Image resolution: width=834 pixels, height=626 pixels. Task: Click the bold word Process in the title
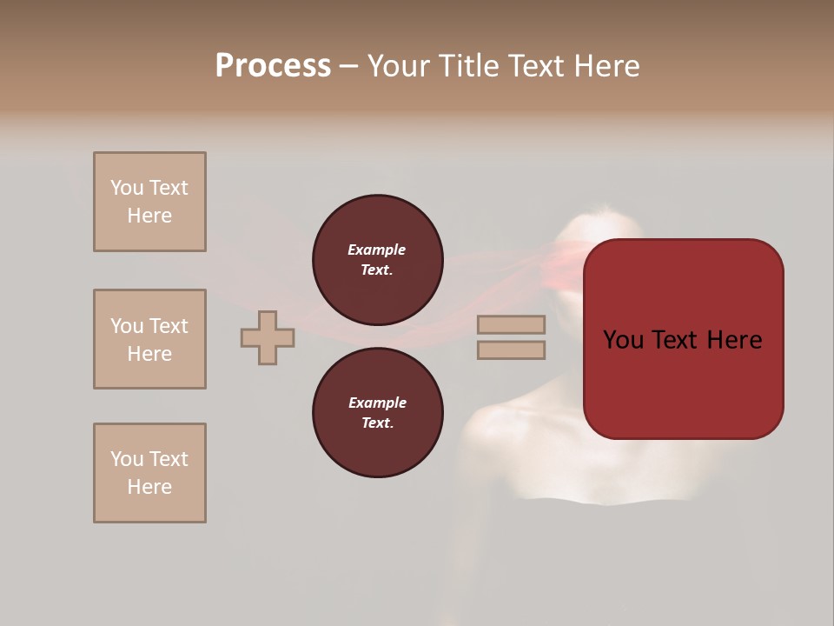(273, 66)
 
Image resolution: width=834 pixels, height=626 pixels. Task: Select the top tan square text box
(149, 202)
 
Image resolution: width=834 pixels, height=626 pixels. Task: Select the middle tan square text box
(149, 339)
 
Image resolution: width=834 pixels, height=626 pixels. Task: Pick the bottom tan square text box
(149, 473)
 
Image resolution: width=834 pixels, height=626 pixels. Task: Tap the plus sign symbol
(268, 337)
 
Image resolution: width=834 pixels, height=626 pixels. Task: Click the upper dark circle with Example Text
(377, 260)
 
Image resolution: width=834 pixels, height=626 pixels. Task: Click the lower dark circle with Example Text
(377, 413)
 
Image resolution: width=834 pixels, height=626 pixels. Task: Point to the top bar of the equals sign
(511, 324)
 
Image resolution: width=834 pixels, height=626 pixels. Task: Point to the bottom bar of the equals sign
(511, 350)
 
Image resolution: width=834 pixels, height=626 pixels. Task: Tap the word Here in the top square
(149, 216)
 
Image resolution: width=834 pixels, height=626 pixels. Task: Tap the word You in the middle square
(126, 326)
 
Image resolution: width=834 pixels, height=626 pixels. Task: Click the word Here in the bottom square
(149, 487)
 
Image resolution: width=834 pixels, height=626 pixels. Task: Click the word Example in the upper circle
(377, 250)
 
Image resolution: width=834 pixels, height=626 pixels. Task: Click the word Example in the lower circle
(377, 403)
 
